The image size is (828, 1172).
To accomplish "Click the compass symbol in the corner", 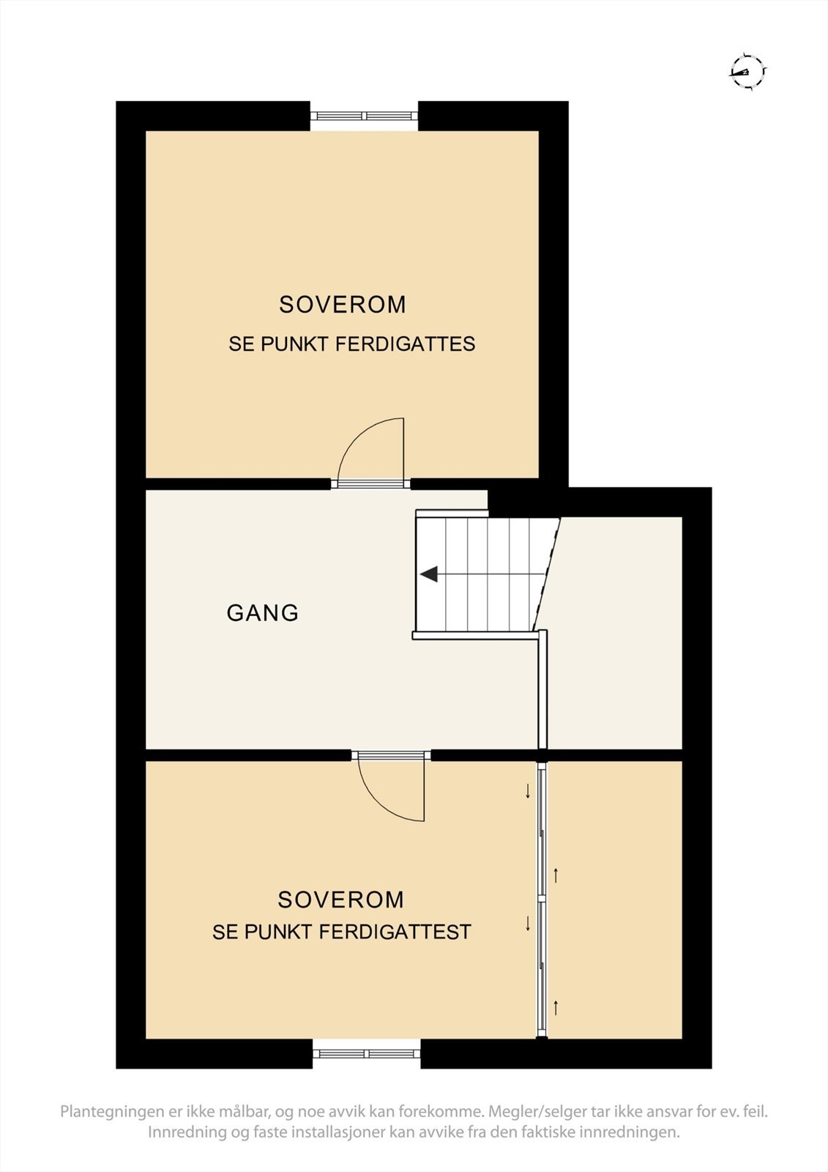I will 747,71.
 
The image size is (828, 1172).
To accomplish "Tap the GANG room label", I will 263,612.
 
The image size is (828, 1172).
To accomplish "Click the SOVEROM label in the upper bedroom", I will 343,305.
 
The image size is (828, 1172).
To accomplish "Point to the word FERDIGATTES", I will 406,344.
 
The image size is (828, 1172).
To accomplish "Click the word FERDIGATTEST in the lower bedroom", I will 395,932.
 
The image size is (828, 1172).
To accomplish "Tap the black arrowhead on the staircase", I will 428,574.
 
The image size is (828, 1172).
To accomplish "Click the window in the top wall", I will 364,116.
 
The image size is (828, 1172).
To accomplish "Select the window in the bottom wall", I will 367,1054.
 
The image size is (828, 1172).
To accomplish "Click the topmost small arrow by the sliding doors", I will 528,791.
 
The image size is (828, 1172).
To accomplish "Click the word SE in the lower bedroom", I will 224,932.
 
